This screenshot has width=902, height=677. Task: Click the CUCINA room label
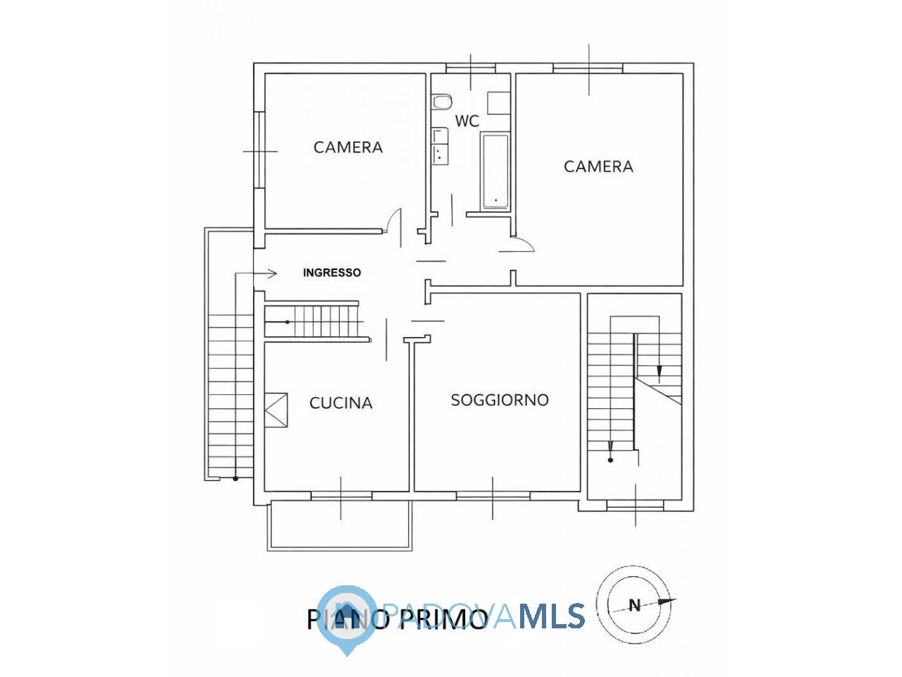pos(340,403)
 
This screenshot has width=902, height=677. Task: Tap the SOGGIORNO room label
pos(500,400)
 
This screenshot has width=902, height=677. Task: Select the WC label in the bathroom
pos(467,121)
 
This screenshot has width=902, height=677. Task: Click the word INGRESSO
pos(332,272)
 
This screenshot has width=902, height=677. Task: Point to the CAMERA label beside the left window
pos(348,147)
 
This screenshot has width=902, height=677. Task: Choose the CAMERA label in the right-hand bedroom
pos(598,166)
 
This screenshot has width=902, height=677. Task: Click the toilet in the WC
pos(442,102)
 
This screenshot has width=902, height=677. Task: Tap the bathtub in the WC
pos(495,172)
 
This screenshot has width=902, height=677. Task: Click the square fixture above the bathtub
pos(498,103)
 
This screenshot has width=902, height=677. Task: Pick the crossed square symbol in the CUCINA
pos(276,410)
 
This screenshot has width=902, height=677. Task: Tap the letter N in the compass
pos(635,605)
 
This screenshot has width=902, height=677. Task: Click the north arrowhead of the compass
pos(667,601)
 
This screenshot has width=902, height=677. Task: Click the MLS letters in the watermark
pos(552,616)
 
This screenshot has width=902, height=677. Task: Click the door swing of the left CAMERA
pos(395,227)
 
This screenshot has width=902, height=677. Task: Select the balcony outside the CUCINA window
pos(340,525)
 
